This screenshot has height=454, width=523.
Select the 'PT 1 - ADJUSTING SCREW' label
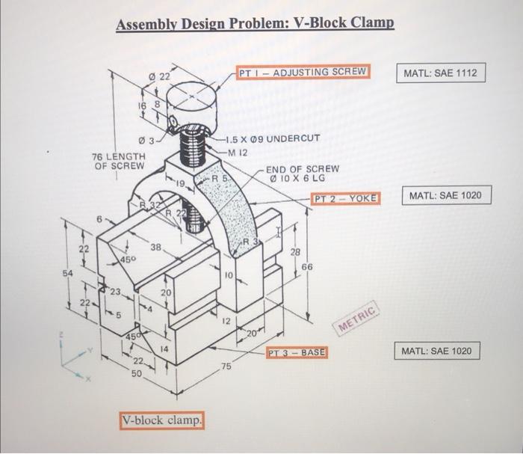coord(303,72)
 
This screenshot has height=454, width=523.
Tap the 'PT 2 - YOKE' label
coord(346,198)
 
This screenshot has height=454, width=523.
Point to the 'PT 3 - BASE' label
coord(297,352)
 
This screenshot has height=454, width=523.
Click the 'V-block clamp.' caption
coord(162,420)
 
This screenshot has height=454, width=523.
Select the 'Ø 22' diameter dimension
coord(160,76)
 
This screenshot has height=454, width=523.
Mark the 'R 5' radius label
coord(219,180)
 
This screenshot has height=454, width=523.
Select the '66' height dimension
coord(309,266)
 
